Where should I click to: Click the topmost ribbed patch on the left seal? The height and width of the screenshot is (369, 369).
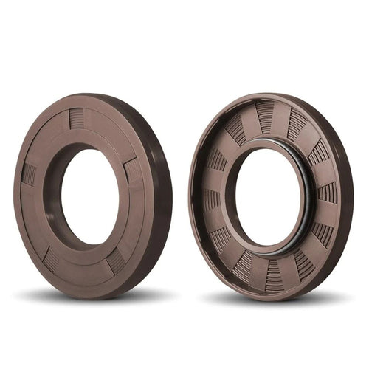pyautogui.click(x=77, y=118)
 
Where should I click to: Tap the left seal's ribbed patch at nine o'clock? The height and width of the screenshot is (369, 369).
pyautogui.click(x=29, y=174)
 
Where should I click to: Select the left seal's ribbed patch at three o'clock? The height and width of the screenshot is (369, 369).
pyautogui.click(x=133, y=170)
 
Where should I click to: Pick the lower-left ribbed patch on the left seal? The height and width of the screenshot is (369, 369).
pyautogui.click(x=50, y=259)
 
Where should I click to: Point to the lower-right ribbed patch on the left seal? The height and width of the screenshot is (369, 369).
pyautogui.click(x=116, y=261)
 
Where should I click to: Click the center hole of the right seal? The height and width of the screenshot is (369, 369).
pyautogui.click(x=267, y=198)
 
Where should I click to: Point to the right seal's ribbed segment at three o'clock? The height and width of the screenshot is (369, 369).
pyautogui.click(x=327, y=193)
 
